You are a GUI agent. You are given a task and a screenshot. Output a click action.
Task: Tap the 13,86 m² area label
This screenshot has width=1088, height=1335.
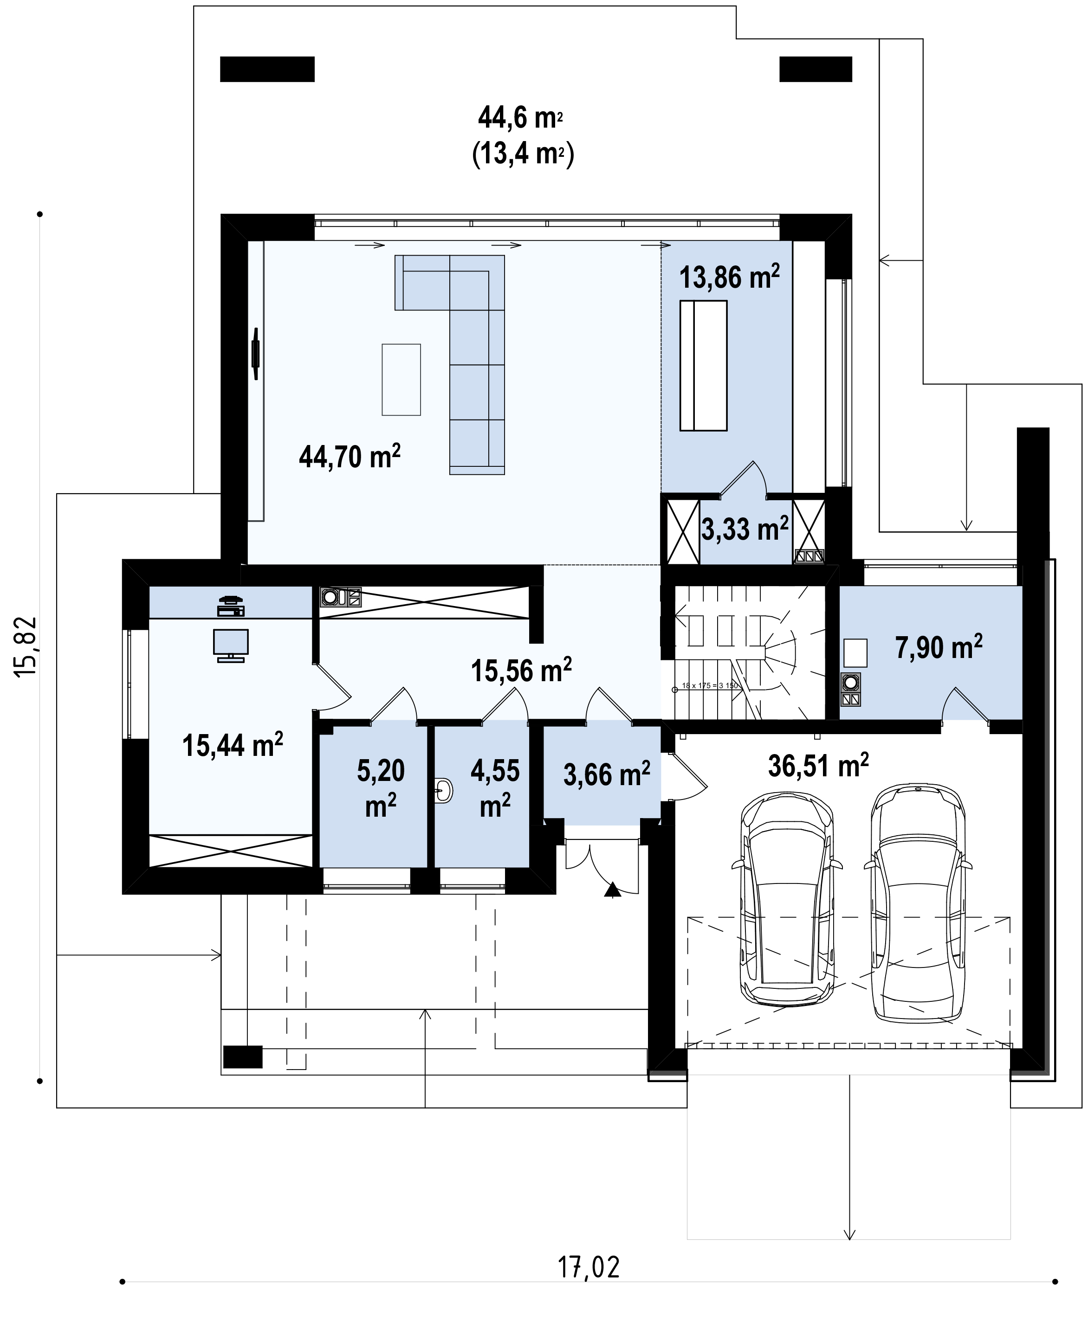click(x=730, y=277)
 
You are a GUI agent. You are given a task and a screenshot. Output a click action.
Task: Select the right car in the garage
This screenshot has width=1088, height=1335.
click(x=918, y=902)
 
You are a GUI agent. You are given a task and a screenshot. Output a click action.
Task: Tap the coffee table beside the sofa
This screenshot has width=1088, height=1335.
click(x=401, y=379)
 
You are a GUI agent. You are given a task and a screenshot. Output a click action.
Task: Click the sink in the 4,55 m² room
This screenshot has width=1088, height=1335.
click(x=443, y=791)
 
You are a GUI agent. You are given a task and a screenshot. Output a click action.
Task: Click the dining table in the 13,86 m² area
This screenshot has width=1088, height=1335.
click(x=703, y=365)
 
